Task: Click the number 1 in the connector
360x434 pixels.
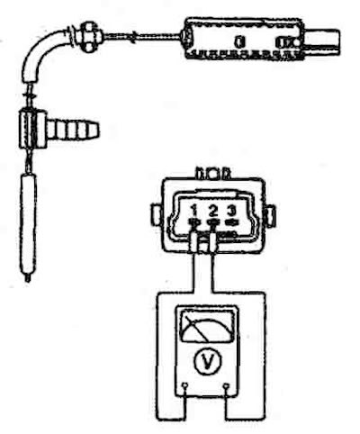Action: [194, 211]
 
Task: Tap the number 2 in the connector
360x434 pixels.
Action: [213, 211]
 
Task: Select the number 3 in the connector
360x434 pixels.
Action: [230, 211]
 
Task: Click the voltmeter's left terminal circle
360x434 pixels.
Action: [184, 384]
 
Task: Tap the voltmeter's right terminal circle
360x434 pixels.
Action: [226, 385]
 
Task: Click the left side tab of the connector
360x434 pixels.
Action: [156, 214]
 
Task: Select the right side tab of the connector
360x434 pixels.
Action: [271, 214]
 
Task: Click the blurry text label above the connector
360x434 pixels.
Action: [213, 175]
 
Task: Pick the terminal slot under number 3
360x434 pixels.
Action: [230, 222]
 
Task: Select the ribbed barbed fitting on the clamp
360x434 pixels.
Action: [73, 131]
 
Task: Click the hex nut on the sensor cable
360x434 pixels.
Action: [88, 35]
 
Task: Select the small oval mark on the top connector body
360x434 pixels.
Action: [238, 41]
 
